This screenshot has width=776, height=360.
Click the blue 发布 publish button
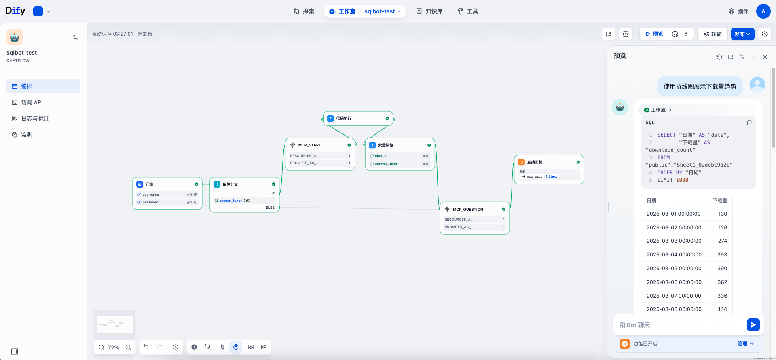(742, 34)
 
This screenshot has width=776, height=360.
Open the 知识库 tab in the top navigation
(429, 11)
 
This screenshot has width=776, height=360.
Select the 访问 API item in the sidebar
(32, 102)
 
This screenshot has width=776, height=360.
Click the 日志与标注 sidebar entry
(35, 119)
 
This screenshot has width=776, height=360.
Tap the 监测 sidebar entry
(27, 135)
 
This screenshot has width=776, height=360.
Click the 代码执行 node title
(344, 119)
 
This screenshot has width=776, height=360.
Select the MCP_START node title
(309, 145)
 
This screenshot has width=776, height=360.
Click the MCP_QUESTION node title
(468, 210)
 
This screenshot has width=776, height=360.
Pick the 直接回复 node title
(535, 162)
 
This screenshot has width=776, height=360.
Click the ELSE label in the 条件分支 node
(270, 208)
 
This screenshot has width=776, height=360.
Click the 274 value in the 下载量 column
(722, 241)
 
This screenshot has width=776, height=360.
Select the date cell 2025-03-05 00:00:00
(674, 268)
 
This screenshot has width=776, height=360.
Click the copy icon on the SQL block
(749, 123)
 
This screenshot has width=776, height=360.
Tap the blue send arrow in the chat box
(753, 325)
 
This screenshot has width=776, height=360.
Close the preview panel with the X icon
(765, 57)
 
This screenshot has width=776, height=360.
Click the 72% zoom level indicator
(114, 347)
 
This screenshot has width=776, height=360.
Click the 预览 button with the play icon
(654, 34)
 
